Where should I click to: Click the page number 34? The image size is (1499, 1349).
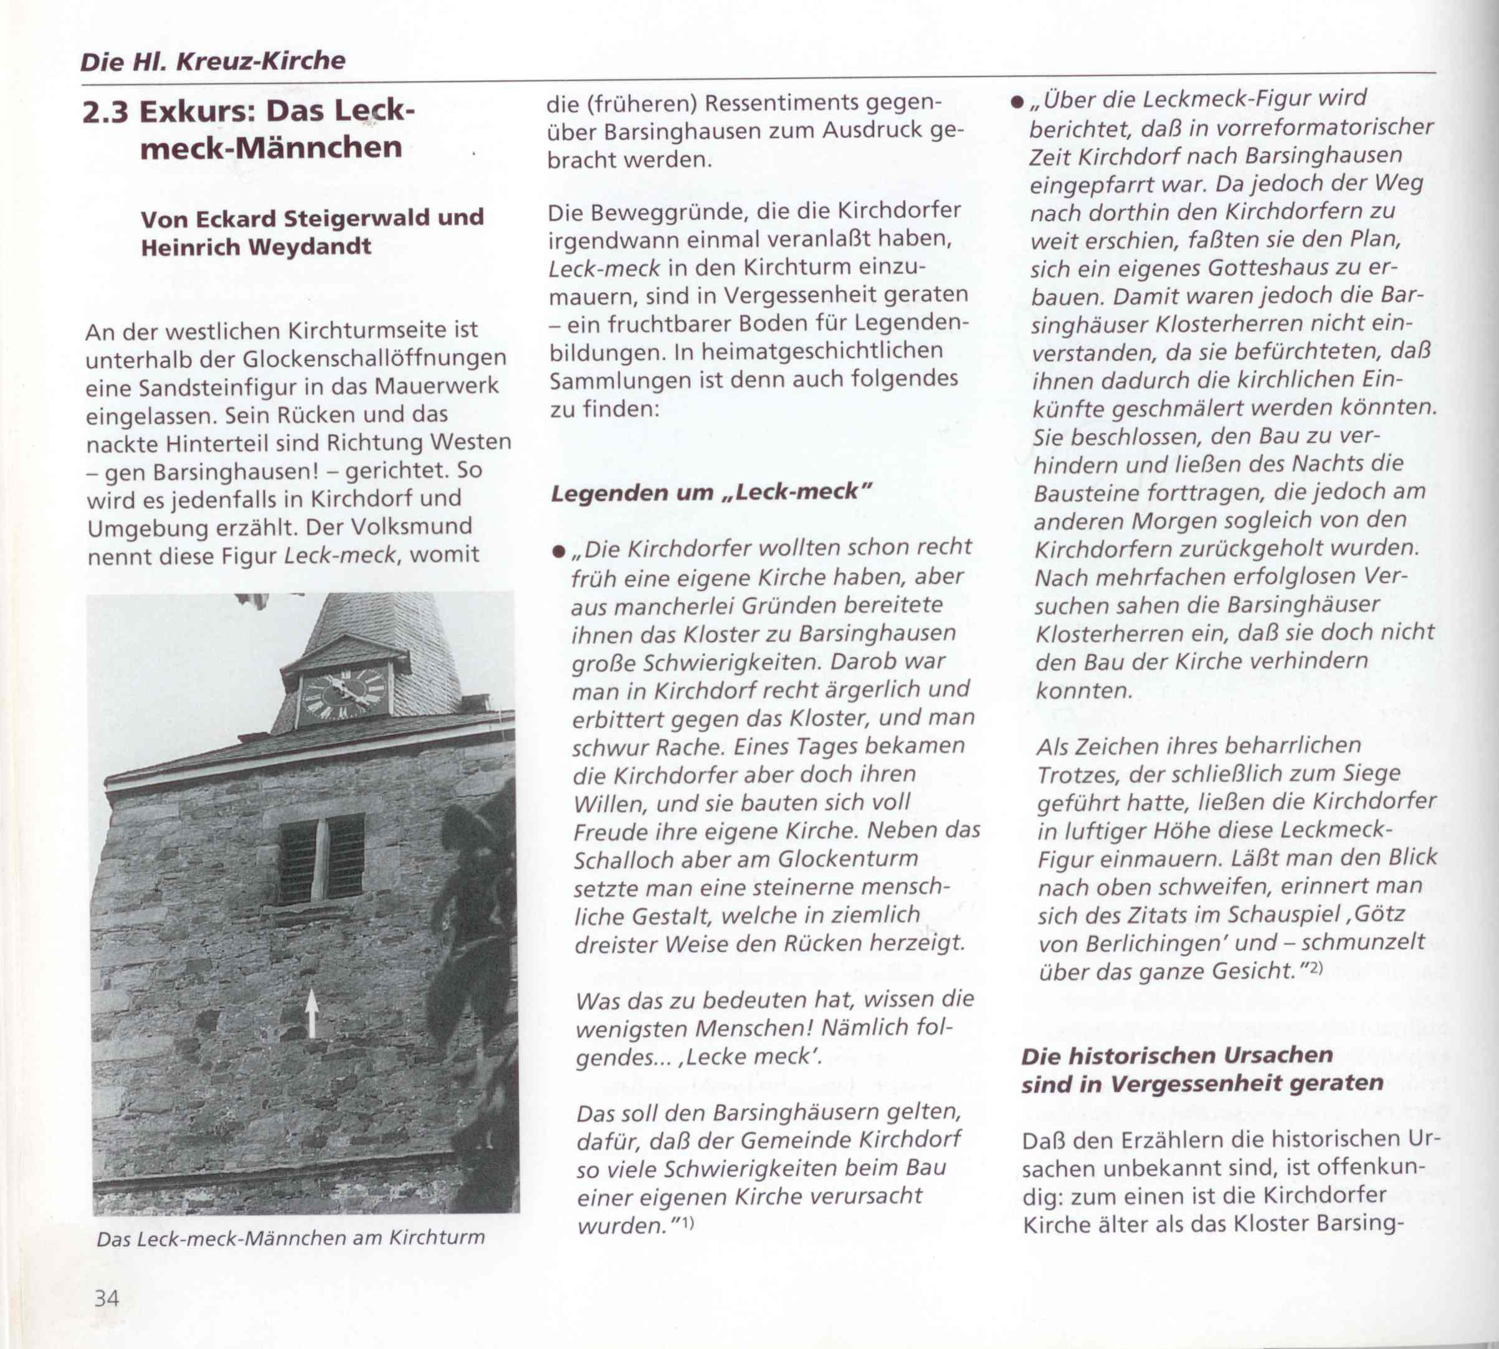(106, 1298)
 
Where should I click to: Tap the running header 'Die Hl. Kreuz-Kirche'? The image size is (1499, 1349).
(213, 61)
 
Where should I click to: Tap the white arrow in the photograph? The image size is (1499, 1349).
(312, 1013)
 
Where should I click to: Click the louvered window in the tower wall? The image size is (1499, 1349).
(321, 858)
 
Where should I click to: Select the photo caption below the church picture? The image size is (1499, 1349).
(290, 1237)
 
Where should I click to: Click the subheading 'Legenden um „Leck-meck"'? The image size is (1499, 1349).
(710, 492)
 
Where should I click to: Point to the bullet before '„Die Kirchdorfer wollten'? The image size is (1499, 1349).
(558, 551)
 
